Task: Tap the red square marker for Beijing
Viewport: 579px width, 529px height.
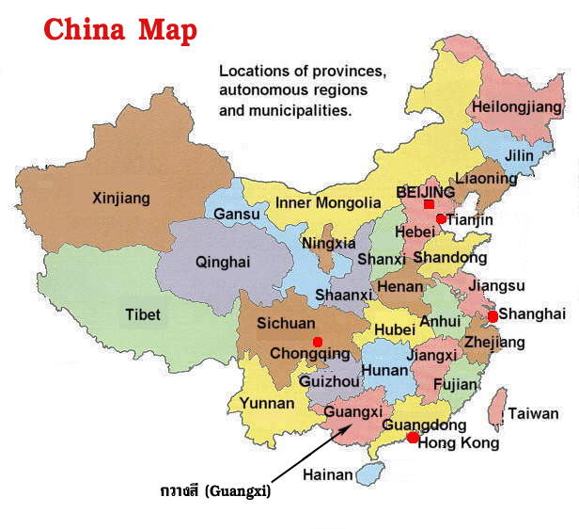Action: tap(429, 204)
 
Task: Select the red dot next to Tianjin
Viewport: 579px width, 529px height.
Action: tap(441, 219)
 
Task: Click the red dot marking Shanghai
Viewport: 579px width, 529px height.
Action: tap(493, 316)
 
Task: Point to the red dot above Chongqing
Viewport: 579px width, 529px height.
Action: tap(318, 341)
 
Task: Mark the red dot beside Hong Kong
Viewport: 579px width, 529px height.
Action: tap(412, 438)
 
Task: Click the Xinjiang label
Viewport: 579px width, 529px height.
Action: tap(121, 199)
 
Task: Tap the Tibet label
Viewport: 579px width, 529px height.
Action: tap(143, 314)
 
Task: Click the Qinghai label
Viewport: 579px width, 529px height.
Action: tap(223, 263)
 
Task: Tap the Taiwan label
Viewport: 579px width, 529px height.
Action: tap(533, 413)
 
